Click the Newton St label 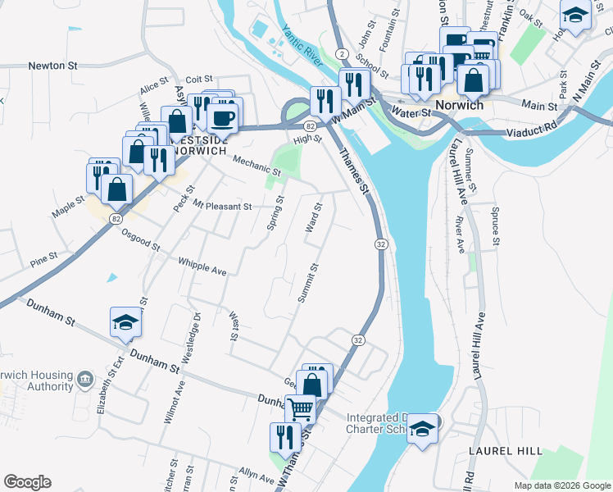(52, 64)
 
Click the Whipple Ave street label (202, 266)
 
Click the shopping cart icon (301, 408)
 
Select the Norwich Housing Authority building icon (84, 379)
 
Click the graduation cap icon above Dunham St (125, 322)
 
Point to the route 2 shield (342, 53)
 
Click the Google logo (27, 482)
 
